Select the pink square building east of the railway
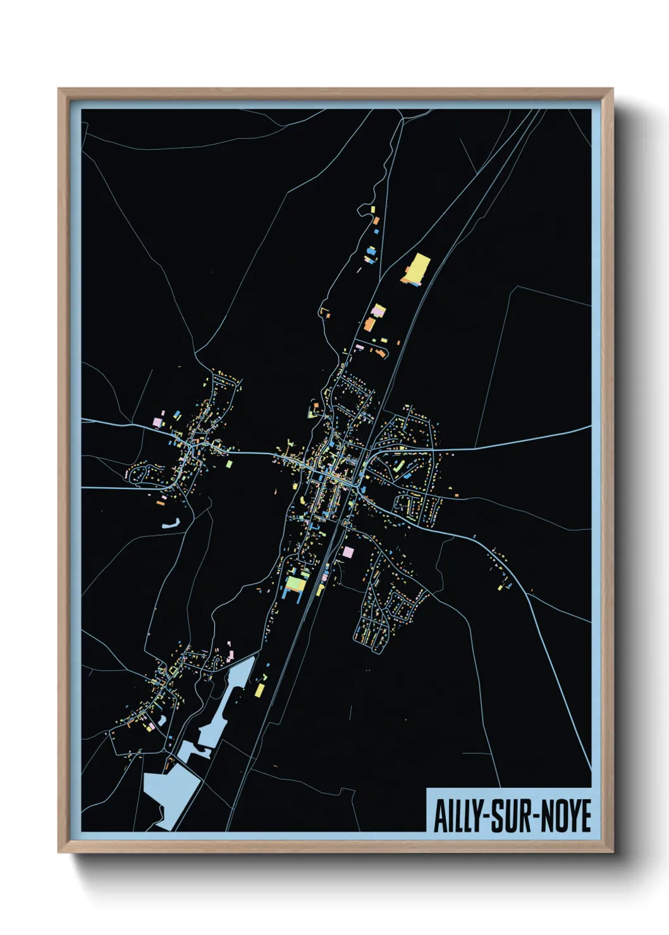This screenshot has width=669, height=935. point(348,552)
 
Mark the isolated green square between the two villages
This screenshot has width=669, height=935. point(230,464)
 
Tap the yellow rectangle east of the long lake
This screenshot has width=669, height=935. point(259,689)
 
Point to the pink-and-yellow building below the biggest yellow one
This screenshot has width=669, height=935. point(378,311)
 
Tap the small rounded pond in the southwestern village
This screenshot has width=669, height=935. point(163,720)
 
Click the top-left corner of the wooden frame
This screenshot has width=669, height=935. point(59,89)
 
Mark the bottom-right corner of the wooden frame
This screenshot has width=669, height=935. point(612,852)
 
